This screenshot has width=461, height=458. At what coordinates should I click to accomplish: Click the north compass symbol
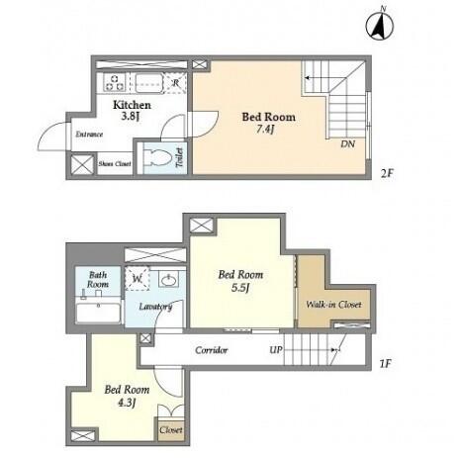pos(380,24)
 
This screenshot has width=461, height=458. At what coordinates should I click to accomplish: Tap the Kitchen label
pos(132,105)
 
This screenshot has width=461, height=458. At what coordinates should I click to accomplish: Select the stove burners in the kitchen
pos(114,82)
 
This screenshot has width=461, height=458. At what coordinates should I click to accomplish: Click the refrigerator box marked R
pos(175,82)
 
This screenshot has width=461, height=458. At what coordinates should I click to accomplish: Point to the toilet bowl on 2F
pos(155,157)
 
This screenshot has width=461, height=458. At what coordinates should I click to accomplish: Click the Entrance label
pos(89,135)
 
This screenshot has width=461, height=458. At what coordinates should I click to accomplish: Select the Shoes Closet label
pos(115,163)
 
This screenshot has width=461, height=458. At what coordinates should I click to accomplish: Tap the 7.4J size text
pos(265,130)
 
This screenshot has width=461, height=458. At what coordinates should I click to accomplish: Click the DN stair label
pos(347,144)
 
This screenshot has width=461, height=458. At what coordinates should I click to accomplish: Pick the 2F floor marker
pos(387,173)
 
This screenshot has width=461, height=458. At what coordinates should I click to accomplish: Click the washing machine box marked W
pos(138,279)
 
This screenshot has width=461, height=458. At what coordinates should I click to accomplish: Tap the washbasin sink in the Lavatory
pos(169,280)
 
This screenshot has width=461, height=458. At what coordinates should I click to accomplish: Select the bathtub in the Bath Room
pos(98,313)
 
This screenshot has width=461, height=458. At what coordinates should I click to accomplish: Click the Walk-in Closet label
pos(333,305)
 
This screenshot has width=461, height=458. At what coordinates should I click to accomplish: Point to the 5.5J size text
pos(239,288)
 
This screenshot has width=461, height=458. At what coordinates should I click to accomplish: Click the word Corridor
pos(211,350)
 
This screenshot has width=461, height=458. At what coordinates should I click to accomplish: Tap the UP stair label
pos(276,350)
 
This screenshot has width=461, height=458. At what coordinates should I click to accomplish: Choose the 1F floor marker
pos(385,364)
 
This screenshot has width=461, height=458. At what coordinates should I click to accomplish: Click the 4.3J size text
pos(127,403)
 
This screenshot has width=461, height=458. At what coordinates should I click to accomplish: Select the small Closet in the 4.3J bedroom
pos(171,429)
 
